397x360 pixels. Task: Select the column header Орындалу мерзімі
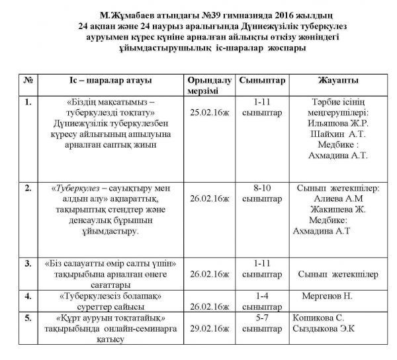(210, 84)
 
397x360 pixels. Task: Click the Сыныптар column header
(260, 80)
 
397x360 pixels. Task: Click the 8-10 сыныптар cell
(259, 194)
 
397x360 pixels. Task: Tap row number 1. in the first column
(27, 103)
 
